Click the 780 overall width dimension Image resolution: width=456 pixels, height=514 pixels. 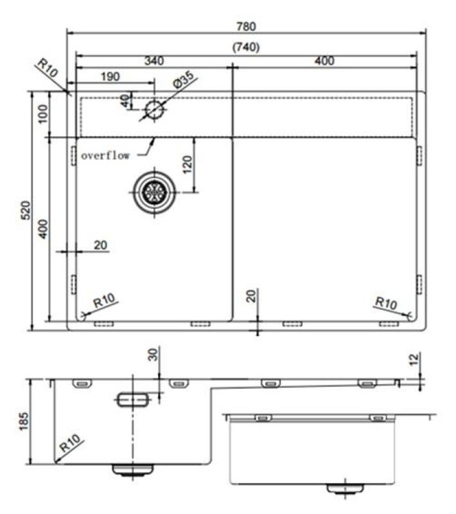click(x=247, y=26)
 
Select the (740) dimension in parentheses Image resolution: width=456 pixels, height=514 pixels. click(x=246, y=47)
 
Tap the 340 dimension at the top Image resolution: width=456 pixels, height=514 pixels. click(x=153, y=61)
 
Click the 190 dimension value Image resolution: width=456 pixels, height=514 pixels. click(x=110, y=77)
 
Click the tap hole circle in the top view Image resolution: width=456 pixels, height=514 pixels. click(x=155, y=109)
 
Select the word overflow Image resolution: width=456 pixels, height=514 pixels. click(x=106, y=155)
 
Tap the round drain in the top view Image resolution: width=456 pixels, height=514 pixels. click(x=154, y=191)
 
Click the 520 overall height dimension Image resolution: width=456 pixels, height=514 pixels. click(x=26, y=211)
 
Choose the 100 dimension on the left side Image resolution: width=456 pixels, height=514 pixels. click(x=43, y=114)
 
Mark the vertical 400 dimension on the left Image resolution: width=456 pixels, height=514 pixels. click(x=43, y=229)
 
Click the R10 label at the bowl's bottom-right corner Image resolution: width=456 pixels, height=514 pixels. click(x=386, y=302)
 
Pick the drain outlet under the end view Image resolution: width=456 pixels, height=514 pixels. click(x=345, y=489)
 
